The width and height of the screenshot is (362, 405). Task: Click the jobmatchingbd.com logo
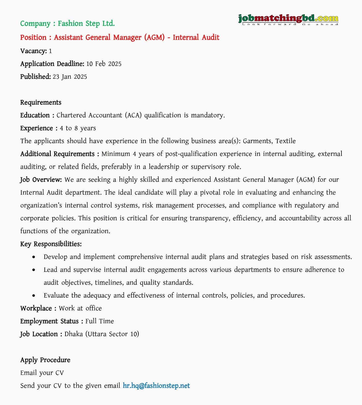click(x=288, y=19)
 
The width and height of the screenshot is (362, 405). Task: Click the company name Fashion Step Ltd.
click(x=86, y=24)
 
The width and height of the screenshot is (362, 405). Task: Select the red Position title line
click(x=120, y=37)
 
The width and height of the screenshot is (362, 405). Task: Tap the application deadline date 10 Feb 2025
click(x=104, y=64)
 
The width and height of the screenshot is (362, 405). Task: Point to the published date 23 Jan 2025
click(x=70, y=77)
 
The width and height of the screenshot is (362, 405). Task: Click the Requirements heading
click(x=41, y=103)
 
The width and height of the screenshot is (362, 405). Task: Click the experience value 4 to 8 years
click(x=78, y=128)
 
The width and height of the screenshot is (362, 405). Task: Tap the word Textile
click(x=285, y=141)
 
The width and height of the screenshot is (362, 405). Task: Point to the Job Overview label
click(x=41, y=180)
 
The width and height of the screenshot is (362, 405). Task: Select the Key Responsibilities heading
click(x=51, y=244)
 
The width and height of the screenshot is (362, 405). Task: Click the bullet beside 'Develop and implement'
click(x=34, y=257)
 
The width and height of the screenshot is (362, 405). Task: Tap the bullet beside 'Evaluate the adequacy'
click(x=34, y=296)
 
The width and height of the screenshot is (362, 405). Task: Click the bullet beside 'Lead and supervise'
click(x=34, y=270)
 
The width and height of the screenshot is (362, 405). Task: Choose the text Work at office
click(x=80, y=308)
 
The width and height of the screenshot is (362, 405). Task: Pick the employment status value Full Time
click(x=100, y=321)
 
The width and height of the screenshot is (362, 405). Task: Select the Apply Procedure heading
click(x=45, y=360)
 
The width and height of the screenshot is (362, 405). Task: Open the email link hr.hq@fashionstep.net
click(x=156, y=386)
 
